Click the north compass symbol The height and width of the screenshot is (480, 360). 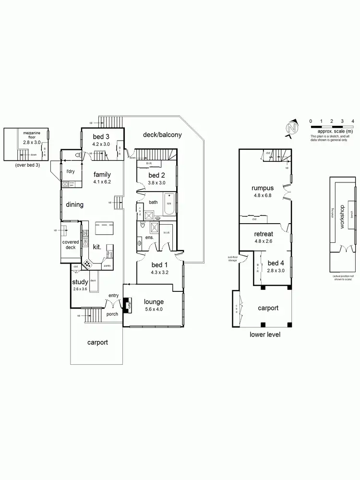coord(291,128)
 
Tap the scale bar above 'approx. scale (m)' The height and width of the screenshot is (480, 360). coord(332,127)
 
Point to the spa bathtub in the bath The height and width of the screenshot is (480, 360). coord(169,203)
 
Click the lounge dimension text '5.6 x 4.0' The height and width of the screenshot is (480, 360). coord(154,309)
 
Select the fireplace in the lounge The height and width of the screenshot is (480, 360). coord(127,305)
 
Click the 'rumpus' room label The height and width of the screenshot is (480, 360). coord(263,188)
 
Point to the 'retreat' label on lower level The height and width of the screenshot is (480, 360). coord(264,234)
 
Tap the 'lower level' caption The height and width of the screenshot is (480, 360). coord(265,335)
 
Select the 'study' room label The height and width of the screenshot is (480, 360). coord(80,282)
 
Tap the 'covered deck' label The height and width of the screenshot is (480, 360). coord(71,245)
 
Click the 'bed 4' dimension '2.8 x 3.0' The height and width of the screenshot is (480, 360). coord(276,271)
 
